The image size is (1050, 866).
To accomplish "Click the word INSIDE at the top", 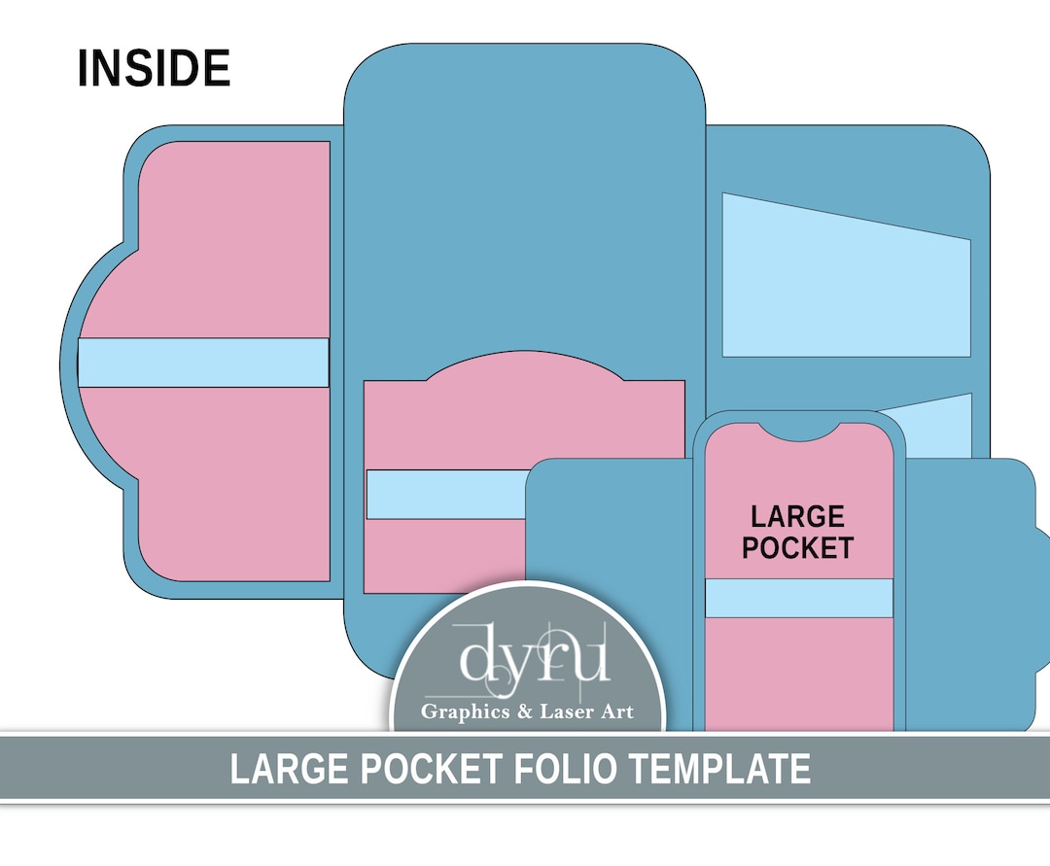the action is point(154,69).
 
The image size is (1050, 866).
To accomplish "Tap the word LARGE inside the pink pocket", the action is point(797,516).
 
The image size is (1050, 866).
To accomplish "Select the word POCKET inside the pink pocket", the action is point(797,547).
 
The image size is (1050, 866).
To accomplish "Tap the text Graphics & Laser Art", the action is point(527,712).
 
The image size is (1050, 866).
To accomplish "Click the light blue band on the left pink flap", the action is point(203,363).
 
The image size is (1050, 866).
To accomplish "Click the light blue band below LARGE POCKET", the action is point(798,598).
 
